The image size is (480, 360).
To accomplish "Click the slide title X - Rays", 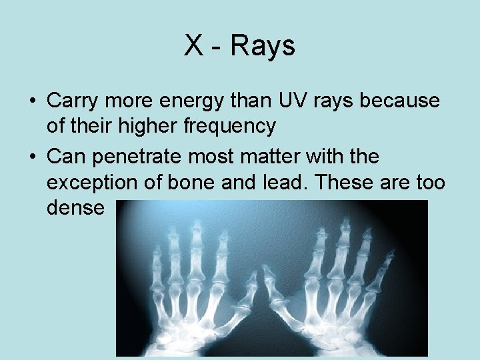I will (x=239, y=46).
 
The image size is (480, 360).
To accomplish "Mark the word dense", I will (x=76, y=207).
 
